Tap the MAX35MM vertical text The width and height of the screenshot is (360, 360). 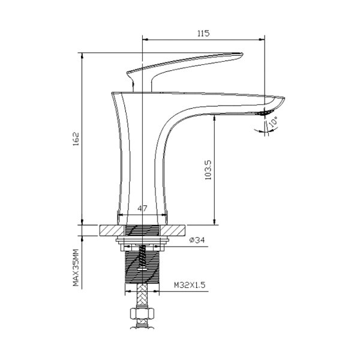76,268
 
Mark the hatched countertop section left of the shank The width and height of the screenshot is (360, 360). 111,230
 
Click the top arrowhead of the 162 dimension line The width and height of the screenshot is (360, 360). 82,56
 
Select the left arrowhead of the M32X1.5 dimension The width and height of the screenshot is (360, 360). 127,292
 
